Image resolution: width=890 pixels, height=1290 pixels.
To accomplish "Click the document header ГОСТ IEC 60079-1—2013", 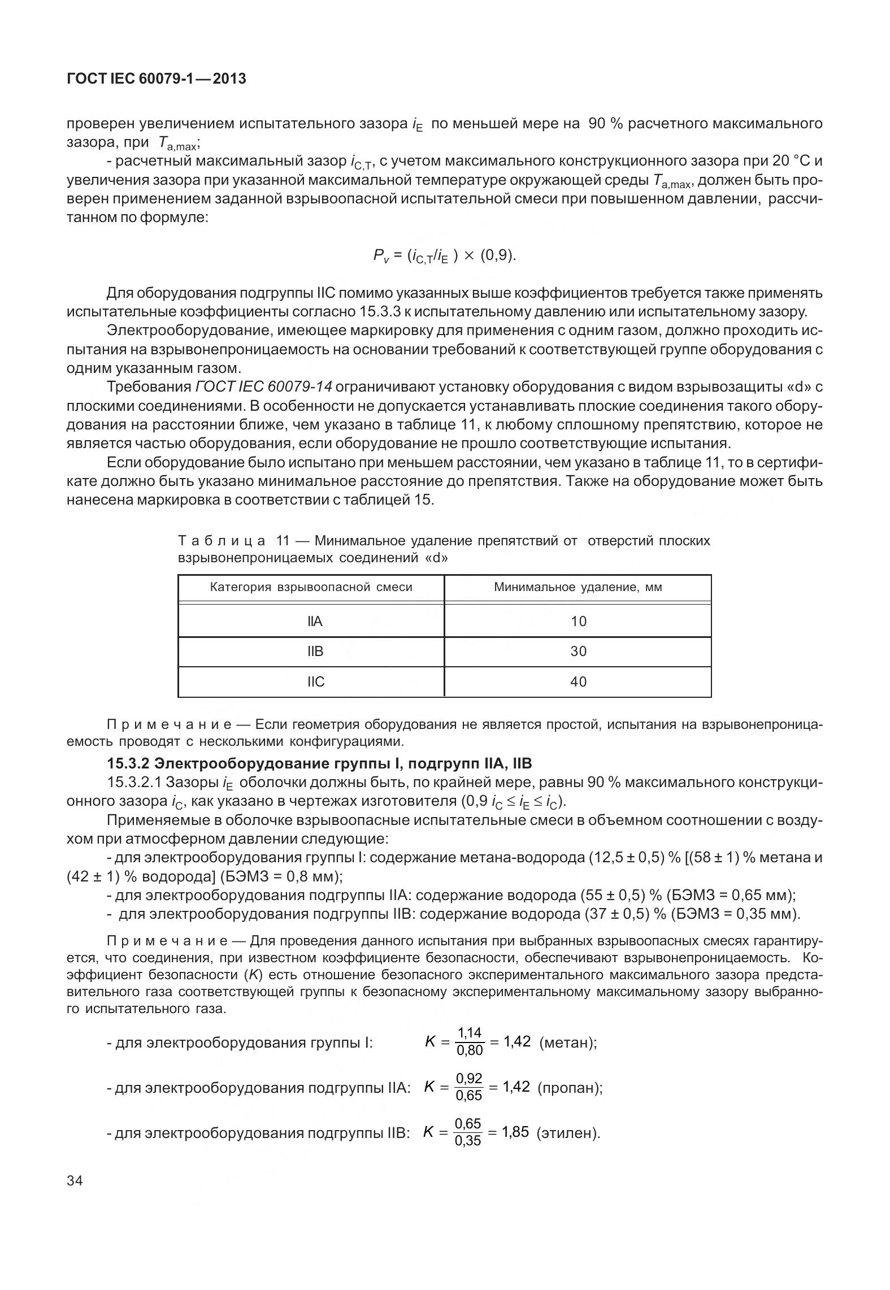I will tap(157, 79).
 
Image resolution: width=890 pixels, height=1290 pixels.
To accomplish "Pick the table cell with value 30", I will tap(578, 651).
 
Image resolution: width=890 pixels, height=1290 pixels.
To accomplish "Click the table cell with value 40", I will tap(578, 682).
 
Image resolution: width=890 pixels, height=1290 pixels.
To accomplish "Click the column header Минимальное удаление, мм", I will tap(578, 587).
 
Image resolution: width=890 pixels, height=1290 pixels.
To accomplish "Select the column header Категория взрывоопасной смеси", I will tap(311, 587).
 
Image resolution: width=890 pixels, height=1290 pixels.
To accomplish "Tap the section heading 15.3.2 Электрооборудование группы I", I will tap(319, 764).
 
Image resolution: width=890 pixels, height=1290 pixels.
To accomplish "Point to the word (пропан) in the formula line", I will tap(569, 1088).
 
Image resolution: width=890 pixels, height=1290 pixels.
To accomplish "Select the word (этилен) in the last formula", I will tap(567, 1133).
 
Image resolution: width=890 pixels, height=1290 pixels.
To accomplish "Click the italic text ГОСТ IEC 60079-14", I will tap(264, 387).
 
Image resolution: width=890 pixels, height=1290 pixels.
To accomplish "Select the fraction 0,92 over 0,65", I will tap(468, 1087).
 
